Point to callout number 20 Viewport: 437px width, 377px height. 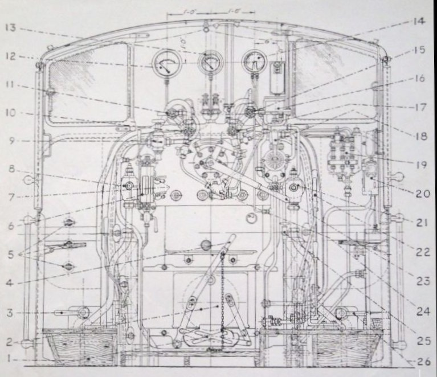(x=420, y=193)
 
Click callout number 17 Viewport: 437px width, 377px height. (x=420, y=106)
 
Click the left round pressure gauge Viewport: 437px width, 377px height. (x=164, y=64)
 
